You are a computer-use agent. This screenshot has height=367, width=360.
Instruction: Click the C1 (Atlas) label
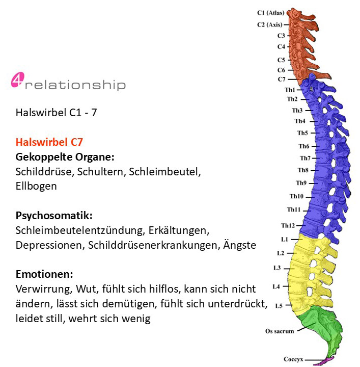click(x=271, y=13)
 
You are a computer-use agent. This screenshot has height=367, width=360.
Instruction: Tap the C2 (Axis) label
click(x=270, y=24)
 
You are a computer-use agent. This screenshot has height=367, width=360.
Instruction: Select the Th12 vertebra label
click(x=288, y=226)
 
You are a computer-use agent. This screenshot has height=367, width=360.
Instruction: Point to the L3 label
click(x=277, y=268)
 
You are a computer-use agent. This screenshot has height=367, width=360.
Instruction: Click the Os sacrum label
click(x=280, y=331)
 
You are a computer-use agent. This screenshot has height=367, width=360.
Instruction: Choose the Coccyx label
click(x=293, y=359)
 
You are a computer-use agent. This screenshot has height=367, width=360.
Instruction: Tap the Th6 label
click(x=304, y=146)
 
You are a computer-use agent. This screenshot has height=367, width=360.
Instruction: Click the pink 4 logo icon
click(x=17, y=80)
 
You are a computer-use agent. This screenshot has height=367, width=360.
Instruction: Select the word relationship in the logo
click(x=75, y=85)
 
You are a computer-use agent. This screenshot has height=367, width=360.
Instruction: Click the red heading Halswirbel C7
click(x=49, y=142)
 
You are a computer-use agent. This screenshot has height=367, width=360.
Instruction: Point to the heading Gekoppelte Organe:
click(x=65, y=157)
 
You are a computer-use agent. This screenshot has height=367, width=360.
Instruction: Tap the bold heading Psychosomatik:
click(x=54, y=216)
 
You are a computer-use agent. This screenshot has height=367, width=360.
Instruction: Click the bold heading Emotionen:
click(x=44, y=274)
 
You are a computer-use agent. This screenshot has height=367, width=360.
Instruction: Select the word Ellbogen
click(x=36, y=187)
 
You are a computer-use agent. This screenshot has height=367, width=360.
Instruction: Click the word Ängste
click(x=240, y=245)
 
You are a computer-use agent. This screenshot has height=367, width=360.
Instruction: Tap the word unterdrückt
click(x=237, y=304)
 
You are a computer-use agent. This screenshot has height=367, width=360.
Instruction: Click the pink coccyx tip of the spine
click(x=323, y=361)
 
